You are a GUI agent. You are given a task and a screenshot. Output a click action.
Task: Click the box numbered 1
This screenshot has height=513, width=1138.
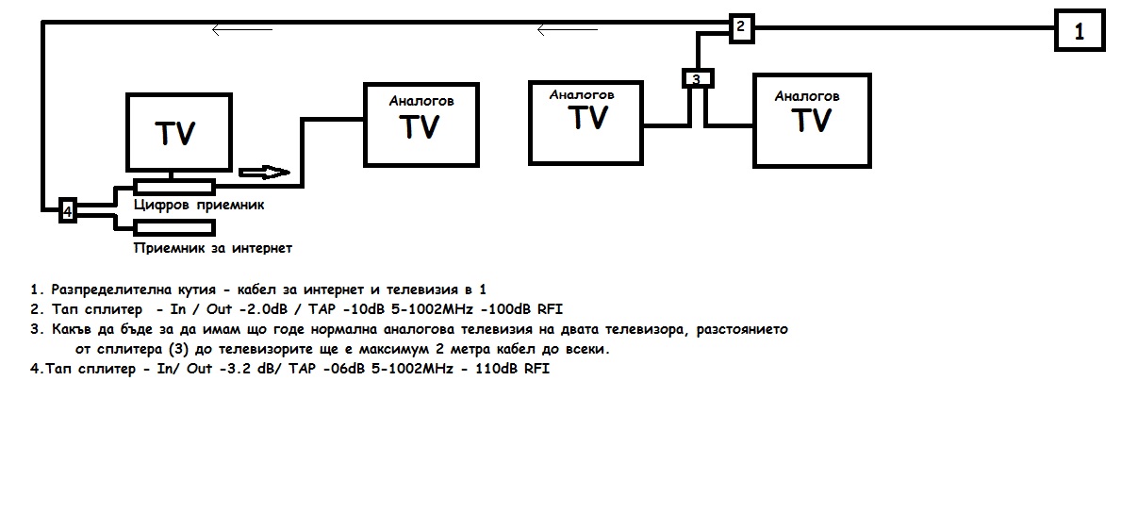(1080, 30)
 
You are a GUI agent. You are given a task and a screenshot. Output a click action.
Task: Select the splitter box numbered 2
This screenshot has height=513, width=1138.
(740, 27)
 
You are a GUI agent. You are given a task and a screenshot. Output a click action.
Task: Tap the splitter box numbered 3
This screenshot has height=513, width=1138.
(697, 79)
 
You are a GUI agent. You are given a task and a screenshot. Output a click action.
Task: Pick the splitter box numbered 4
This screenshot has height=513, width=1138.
(67, 211)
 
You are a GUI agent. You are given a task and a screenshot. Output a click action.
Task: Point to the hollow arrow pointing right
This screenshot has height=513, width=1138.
(265, 173)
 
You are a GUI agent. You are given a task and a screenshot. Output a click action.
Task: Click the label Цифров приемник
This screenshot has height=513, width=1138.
(197, 204)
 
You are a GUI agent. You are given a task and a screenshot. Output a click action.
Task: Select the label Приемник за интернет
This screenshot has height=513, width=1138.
(212, 248)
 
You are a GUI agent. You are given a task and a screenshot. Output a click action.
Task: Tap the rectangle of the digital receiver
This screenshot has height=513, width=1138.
(174, 187)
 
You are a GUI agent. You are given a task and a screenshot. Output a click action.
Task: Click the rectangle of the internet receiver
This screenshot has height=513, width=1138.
(174, 227)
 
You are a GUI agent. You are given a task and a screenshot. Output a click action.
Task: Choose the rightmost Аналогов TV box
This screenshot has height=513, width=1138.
(811, 120)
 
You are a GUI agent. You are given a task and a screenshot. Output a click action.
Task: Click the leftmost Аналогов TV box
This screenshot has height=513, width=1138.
(419, 125)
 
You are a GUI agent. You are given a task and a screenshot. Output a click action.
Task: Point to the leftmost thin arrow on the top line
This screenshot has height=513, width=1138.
(241, 30)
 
